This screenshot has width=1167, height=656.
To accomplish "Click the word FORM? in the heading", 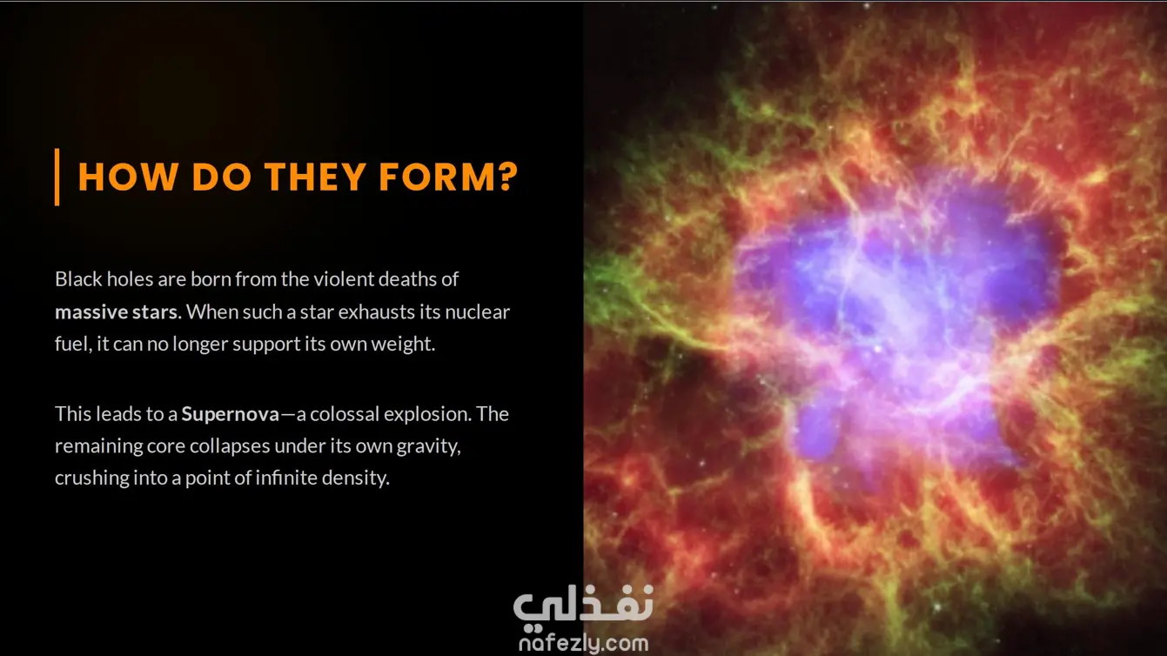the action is click(x=448, y=177).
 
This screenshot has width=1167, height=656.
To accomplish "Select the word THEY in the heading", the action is click(x=315, y=177).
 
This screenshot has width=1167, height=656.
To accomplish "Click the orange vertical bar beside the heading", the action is click(x=57, y=177).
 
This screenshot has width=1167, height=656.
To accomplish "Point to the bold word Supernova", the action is click(x=231, y=414).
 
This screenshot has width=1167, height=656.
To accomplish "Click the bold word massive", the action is click(x=91, y=311).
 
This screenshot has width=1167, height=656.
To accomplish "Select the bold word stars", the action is click(x=155, y=311).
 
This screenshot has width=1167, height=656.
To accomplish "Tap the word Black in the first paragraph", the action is click(x=78, y=278).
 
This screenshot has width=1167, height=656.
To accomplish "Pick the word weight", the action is click(x=403, y=345).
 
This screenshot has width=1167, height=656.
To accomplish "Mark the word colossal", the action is click(x=345, y=414).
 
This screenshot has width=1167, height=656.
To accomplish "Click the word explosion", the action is click(x=428, y=415).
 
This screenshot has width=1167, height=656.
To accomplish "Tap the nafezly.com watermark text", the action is click(x=583, y=643).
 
